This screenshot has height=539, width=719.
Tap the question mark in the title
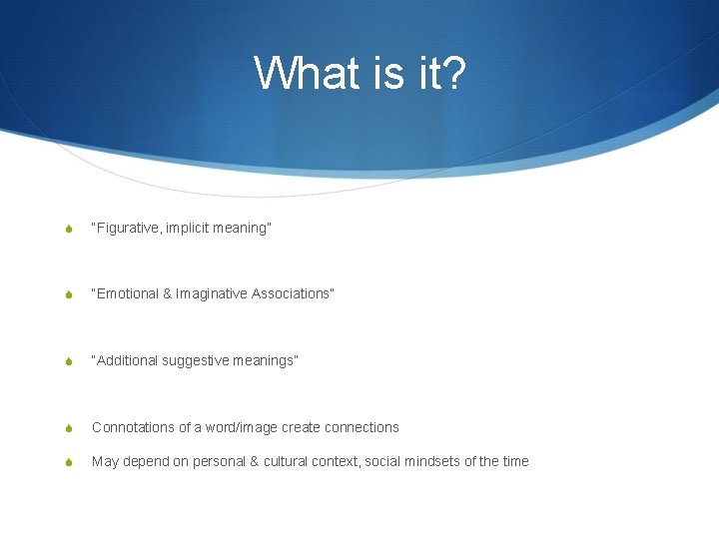tap(451, 73)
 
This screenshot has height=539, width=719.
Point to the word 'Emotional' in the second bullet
tap(126, 293)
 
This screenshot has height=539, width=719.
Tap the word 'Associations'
tap(292, 293)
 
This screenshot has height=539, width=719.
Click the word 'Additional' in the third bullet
tap(126, 360)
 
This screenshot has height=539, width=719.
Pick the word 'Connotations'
tap(132, 427)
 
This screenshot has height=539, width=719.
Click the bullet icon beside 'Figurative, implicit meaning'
tap(68, 230)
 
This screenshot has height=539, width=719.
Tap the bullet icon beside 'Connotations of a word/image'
tap(68, 428)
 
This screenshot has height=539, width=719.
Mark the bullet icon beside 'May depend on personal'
tap(68, 462)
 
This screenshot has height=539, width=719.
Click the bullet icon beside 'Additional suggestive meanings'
tap(68, 361)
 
